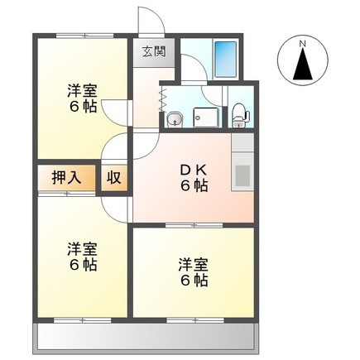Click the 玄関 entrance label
coord(153,51)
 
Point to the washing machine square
coord(202,118)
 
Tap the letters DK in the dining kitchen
coord(194,170)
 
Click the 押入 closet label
coord(65,177)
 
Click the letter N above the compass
coord(303,41)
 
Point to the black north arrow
coord(303,65)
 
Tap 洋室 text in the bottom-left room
coord(82,249)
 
